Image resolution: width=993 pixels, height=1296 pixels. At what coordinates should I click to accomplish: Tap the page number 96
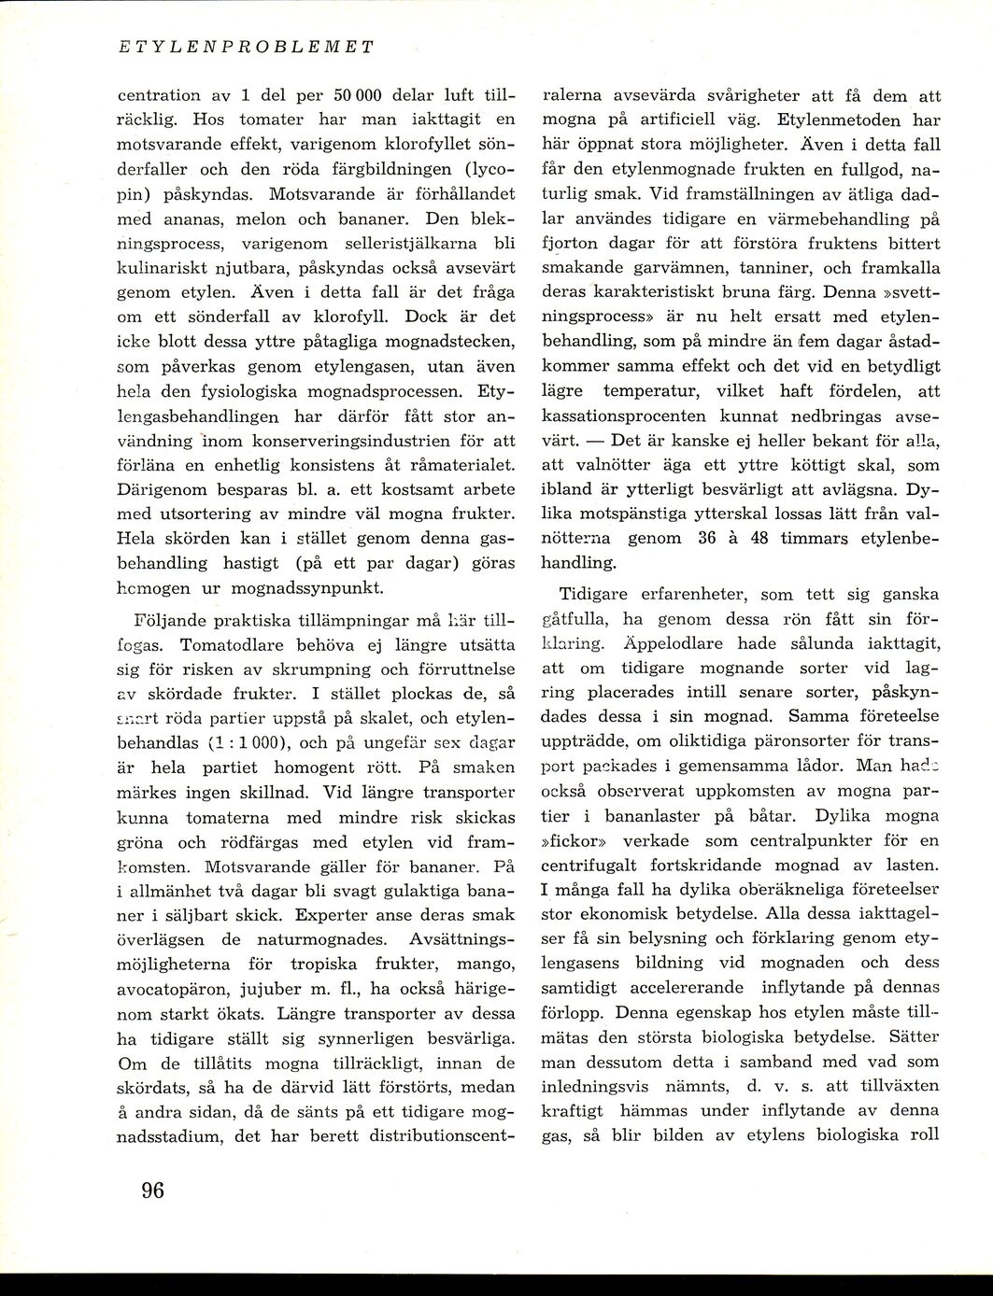pyautogui.click(x=152, y=1190)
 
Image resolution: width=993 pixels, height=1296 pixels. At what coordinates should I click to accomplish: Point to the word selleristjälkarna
pyautogui.click(x=367, y=247)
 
